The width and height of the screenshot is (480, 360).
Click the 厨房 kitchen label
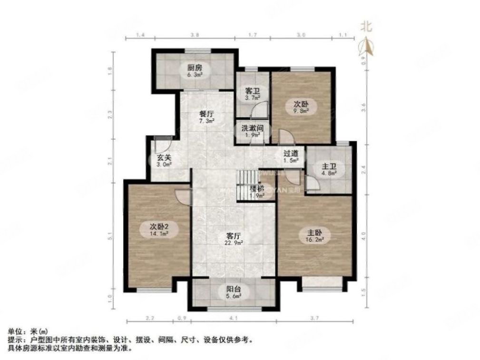click(x=194, y=68)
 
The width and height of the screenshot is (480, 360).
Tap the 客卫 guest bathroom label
click(x=252, y=90)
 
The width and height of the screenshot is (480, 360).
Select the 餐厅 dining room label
click(x=206, y=114)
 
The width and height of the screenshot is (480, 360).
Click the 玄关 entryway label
click(x=164, y=158)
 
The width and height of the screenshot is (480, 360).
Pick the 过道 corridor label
click(x=291, y=154)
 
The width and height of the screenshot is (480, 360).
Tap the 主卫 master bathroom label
click(x=329, y=166)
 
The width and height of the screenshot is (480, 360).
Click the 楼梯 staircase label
click(x=257, y=188)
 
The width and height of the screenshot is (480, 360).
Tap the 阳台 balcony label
click(x=233, y=289)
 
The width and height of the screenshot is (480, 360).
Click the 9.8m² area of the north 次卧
click(x=301, y=111)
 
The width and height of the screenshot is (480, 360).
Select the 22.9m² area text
click(x=234, y=243)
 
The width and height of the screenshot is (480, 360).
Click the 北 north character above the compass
click(x=366, y=26)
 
